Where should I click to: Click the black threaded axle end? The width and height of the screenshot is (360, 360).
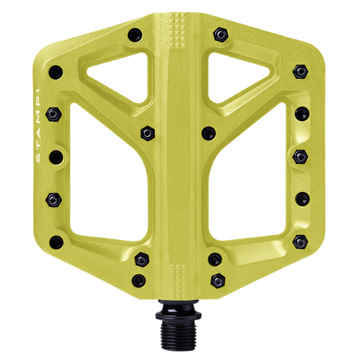178,333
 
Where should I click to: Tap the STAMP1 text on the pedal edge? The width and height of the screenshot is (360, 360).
38,126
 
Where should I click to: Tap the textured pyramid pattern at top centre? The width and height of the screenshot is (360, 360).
178,30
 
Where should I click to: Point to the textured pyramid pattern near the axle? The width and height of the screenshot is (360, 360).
178,281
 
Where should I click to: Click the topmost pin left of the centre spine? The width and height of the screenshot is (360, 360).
135,35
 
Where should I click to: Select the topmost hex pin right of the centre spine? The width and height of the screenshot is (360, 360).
221,34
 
